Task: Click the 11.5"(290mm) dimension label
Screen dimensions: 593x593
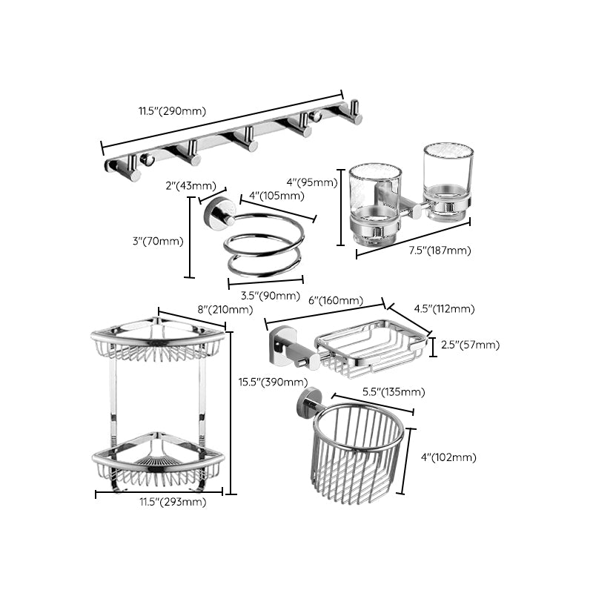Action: (x=171, y=111)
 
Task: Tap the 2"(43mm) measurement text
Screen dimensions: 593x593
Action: (x=191, y=185)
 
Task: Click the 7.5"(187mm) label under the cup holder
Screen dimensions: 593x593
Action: (x=440, y=251)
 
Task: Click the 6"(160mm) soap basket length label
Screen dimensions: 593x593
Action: (x=335, y=300)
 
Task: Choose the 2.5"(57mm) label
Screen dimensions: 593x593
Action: (x=469, y=345)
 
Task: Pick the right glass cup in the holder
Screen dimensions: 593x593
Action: (x=448, y=178)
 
